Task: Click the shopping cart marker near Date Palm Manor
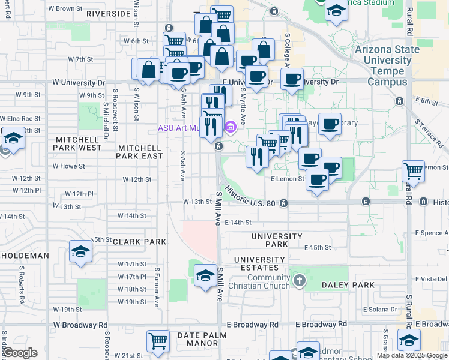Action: [x=158, y=340]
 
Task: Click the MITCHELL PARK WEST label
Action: [x=79, y=143]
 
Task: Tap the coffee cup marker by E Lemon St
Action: [x=317, y=178]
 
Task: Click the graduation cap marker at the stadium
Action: [x=336, y=10]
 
